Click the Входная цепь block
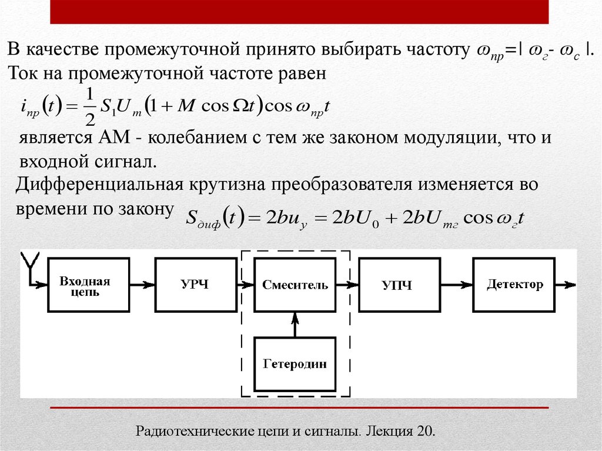pyautogui.click(x=84, y=286)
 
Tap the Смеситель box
pyautogui.click(x=295, y=286)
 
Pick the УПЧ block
pyautogui.click(x=397, y=286)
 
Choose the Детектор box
pyautogui.click(x=515, y=286)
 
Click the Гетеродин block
pyautogui.click(x=295, y=364)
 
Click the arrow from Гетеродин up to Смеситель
pyautogui.click(x=295, y=325)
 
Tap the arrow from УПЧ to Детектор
pyautogui.click(x=454, y=286)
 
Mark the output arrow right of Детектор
pyautogui.click(x=567, y=286)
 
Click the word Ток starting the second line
pyautogui.click(x=22, y=74)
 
